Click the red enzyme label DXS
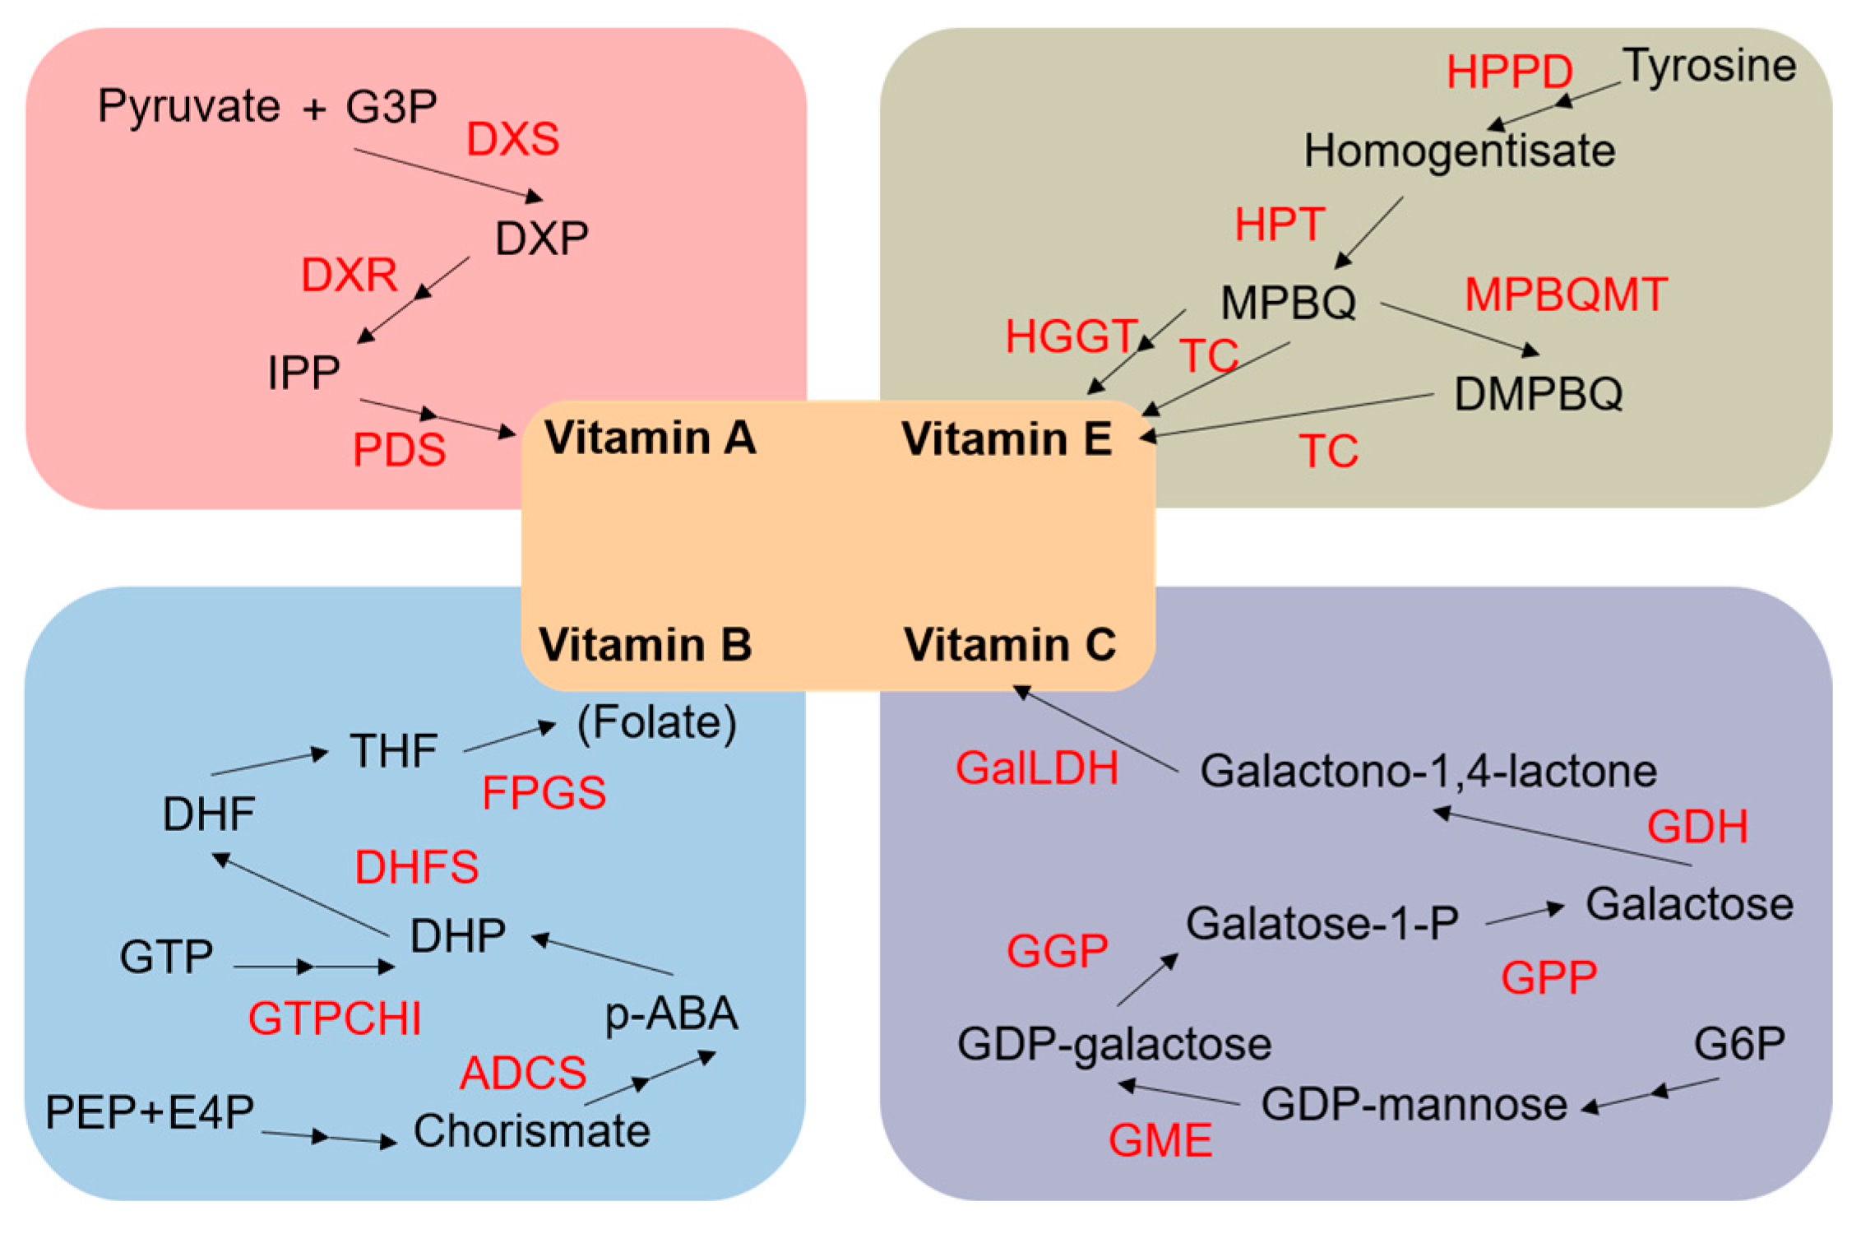click(x=512, y=138)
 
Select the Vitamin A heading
click(x=650, y=438)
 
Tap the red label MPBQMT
click(x=1566, y=295)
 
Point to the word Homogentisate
click(x=1460, y=151)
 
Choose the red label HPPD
click(x=1509, y=72)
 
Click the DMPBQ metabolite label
click(x=1539, y=394)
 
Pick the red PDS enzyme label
click(x=399, y=450)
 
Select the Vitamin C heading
click(x=1010, y=644)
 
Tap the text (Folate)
click(x=656, y=723)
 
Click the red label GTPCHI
click(x=335, y=1018)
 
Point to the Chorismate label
click(x=531, y=1130)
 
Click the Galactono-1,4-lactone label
click(x=1428, y=772)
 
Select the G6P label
click(x=1739, y=1044)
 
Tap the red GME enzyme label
click(x=1160, y=1141)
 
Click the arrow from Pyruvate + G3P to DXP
click(x=448, y=174)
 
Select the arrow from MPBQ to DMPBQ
click(x=1460, y=329)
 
